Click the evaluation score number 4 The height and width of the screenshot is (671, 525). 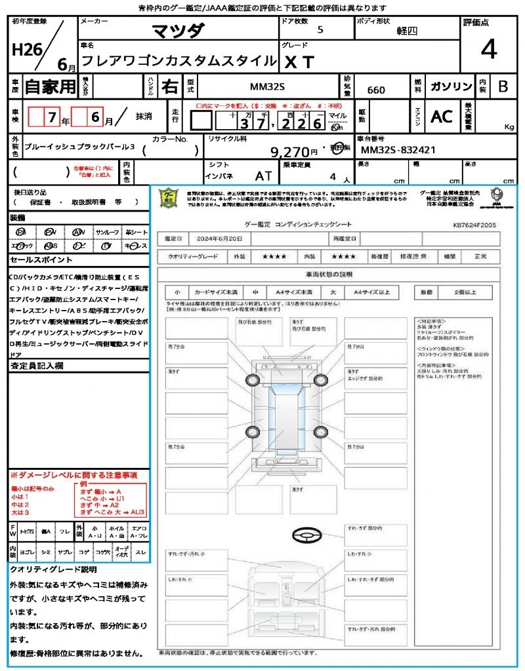tap(488, 50)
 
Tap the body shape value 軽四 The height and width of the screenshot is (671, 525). tap(406, 31)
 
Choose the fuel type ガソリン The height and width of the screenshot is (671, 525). tap(450, 86)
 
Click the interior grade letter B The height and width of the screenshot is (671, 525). tap(502, 86)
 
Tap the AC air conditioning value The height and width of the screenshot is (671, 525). tap(441, 117)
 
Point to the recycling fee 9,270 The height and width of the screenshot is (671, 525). tap(289, 152)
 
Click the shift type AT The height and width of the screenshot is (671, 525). tap(263, 177)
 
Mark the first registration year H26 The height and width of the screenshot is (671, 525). tap(24, 50)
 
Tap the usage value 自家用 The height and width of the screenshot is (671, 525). tap(50, 86)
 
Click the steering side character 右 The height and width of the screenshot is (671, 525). tap(169, 86)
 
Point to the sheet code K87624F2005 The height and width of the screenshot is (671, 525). tap(474, 225)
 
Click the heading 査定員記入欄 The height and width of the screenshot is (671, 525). tap(36, 366)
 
